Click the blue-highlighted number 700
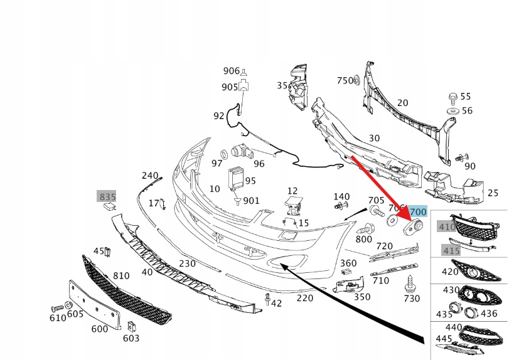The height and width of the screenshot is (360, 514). [418, 213]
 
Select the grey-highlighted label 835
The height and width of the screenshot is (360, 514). [107, 196]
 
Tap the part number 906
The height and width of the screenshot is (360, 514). [231, 70]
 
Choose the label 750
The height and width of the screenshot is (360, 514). [345, 80]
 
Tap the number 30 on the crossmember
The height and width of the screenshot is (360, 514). [374, 138]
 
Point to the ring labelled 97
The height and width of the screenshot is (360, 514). [223, 154]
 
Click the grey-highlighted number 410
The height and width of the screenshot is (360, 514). [447, 227]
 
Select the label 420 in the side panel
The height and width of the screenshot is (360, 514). [450, 272]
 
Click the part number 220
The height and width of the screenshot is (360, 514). [304, 298]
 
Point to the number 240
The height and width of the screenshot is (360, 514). [150, 176]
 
